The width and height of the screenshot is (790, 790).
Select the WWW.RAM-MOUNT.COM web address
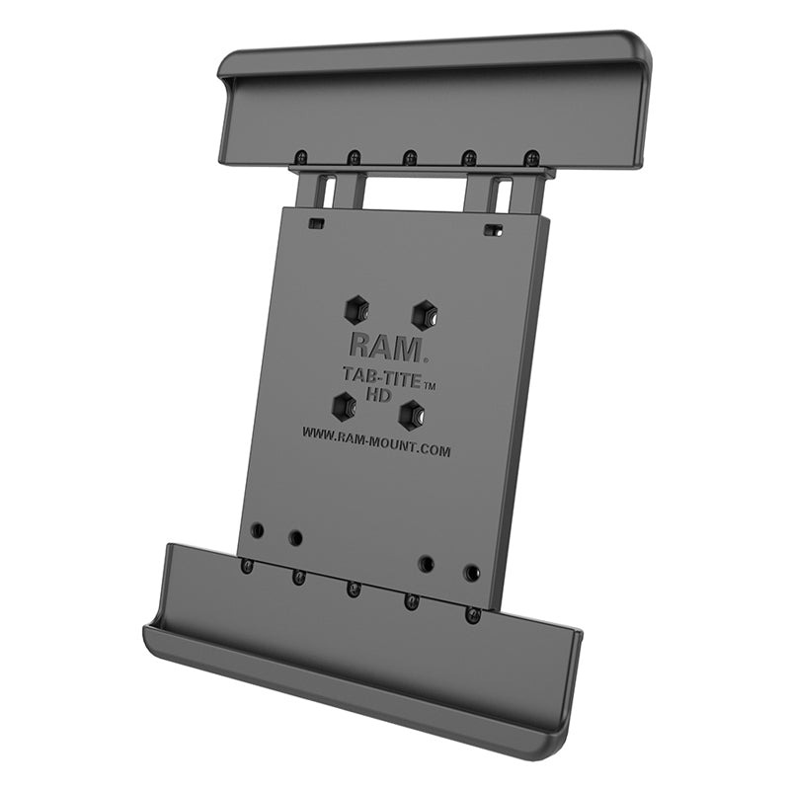click(x=376, y=441)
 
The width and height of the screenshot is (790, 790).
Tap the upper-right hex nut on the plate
click(x=425, y=314)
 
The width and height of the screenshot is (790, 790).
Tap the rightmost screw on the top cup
click(x=531, y=159)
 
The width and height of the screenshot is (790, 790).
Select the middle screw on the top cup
click(x=409, y=156)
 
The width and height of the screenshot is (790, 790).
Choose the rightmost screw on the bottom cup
click(x=473, y=616)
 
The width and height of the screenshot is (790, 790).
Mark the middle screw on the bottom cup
click(x=353, y=590)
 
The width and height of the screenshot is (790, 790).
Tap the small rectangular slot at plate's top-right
click(x=491, y=230)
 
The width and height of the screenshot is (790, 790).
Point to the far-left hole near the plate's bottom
click(x=257, y=530)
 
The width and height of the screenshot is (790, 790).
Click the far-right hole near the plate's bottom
click(x=472, y=573)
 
